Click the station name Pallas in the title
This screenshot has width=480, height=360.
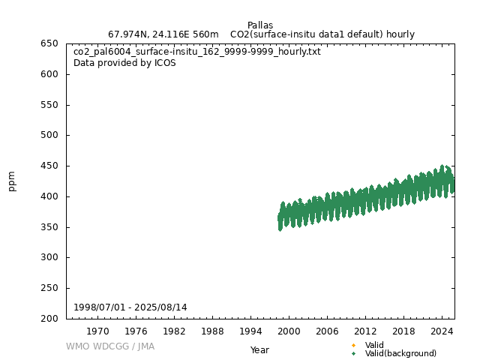[260, 25]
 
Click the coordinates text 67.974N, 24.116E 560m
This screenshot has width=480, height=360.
[163, 34]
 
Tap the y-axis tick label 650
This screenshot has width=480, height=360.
[50, 43]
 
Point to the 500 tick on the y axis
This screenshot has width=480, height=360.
[50, 135]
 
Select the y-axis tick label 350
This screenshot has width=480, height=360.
[50, 227]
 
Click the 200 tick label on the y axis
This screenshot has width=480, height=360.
[50, 319]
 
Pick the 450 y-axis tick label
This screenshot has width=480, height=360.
[50, 166]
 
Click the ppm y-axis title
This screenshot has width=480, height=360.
[12, 181]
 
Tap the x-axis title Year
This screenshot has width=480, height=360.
[259, 350]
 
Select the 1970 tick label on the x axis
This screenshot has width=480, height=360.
[97, 331]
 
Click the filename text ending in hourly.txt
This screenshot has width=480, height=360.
[197, 52]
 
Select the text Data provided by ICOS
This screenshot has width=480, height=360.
[124, 63]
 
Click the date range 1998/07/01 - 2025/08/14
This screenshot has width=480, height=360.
[130, 307]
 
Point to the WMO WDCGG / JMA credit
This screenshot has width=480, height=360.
[110, 346]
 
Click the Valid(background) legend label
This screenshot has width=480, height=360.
[400, 353]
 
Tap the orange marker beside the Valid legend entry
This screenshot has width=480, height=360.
[353, 346]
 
